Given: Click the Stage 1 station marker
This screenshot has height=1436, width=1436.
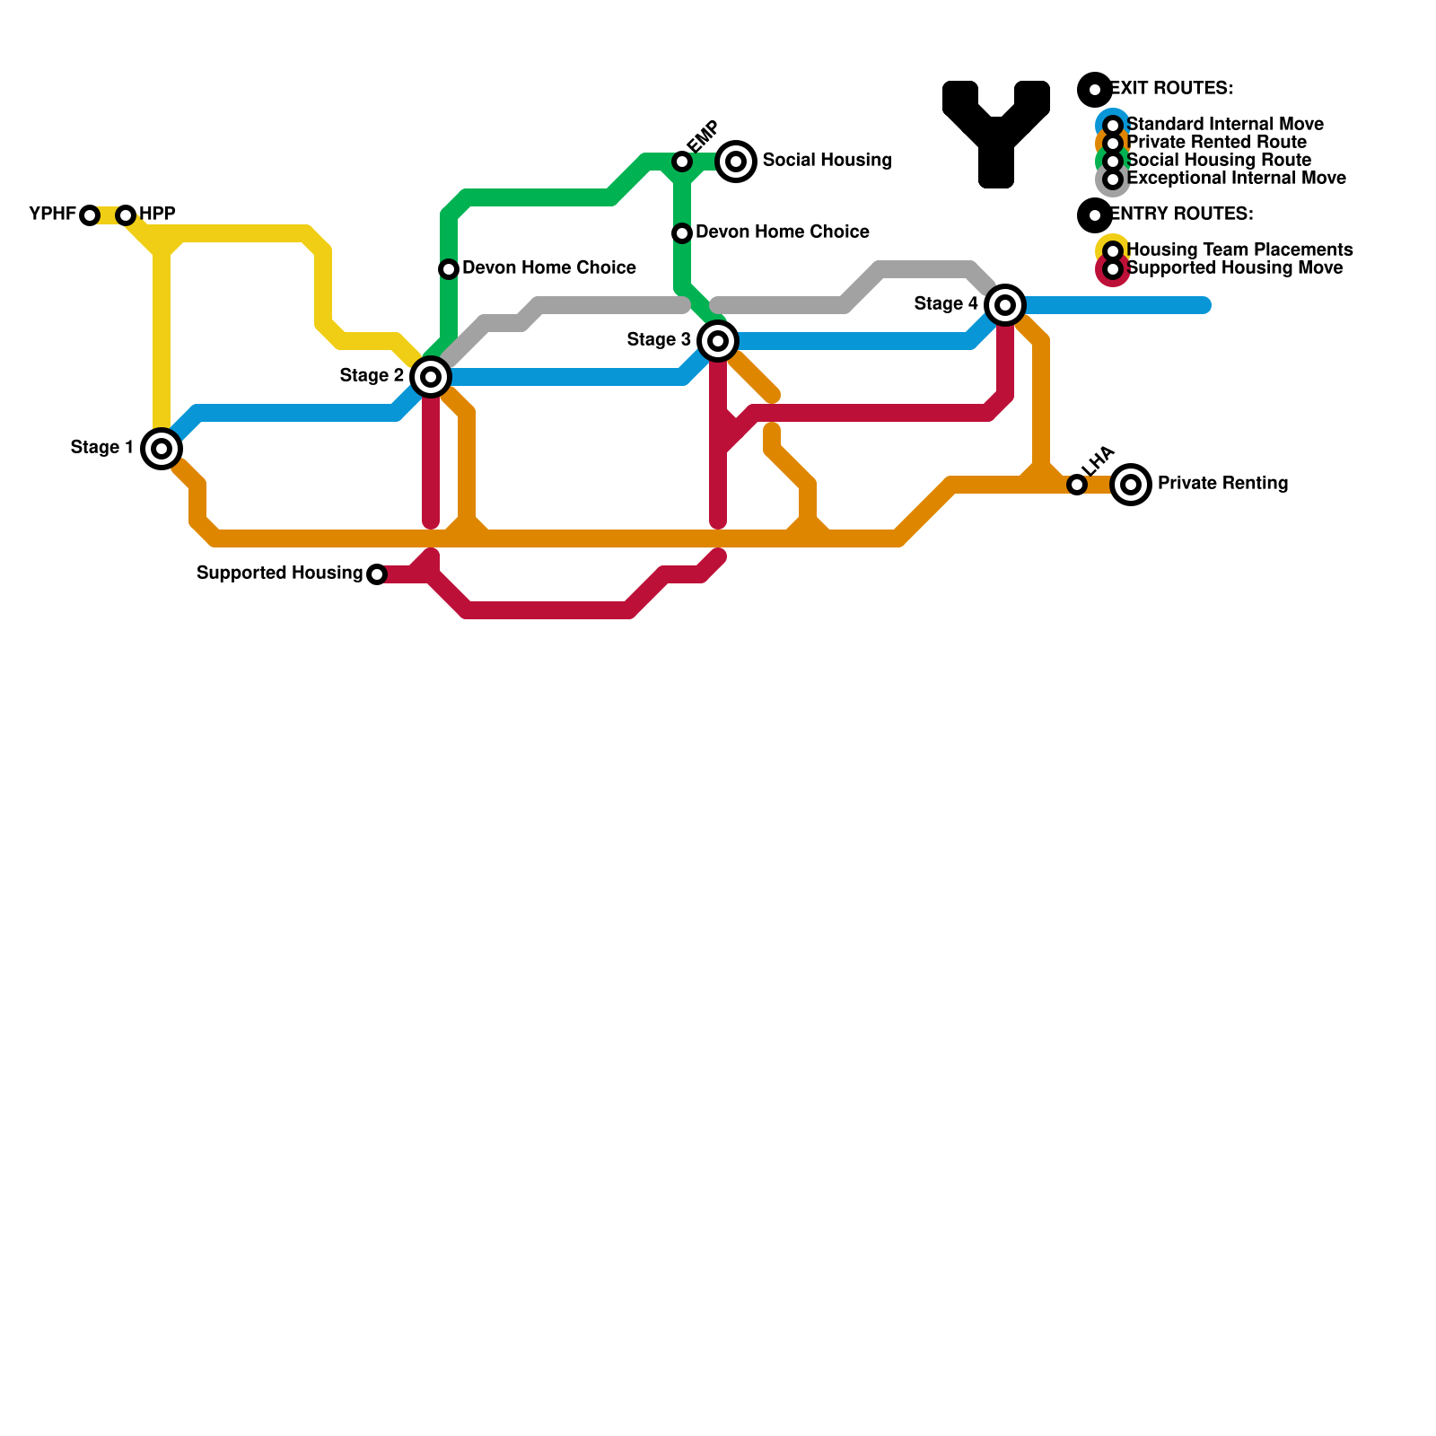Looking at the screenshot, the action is (x=162, y=449).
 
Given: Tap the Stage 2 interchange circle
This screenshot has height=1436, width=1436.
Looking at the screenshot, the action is (x=431, y=377).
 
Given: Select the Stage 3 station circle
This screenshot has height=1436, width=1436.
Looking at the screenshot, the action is (x=718, y=341).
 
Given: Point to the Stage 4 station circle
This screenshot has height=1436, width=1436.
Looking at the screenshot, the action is (x=1005, y=305).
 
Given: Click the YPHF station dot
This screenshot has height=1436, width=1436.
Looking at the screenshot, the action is (x=90, y=215).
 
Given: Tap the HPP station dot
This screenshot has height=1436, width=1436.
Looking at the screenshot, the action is (x=126, y=215).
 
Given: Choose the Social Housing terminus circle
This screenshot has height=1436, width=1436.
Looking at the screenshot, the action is (x=736, y=162).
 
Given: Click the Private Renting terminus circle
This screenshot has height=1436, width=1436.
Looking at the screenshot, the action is (x=1131, y=485).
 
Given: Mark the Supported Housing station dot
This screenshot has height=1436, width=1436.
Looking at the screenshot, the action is (x=377, y=574).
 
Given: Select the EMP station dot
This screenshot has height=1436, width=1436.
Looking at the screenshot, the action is (x=682, y=162).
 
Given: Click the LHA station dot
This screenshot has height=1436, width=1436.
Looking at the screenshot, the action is (x=1077, y=485).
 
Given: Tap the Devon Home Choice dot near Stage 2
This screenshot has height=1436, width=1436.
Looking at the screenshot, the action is (x=449, y=269).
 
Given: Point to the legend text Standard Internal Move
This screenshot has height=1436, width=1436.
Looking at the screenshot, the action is (x=1224, y=124).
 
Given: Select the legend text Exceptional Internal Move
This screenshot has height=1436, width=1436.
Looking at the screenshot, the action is (x=1236, y=178).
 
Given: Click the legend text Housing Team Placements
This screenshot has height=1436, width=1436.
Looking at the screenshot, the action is (x=1239, y=250).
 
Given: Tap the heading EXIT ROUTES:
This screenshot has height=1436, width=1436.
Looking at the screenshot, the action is (x=1171, y=89).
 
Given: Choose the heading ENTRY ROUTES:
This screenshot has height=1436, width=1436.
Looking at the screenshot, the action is (x=1181, y=215).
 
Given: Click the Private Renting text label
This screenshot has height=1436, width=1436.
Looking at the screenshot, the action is (x=1222, y=484).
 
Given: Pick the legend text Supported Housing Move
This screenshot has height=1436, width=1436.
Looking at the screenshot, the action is (x=1234, y=267).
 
